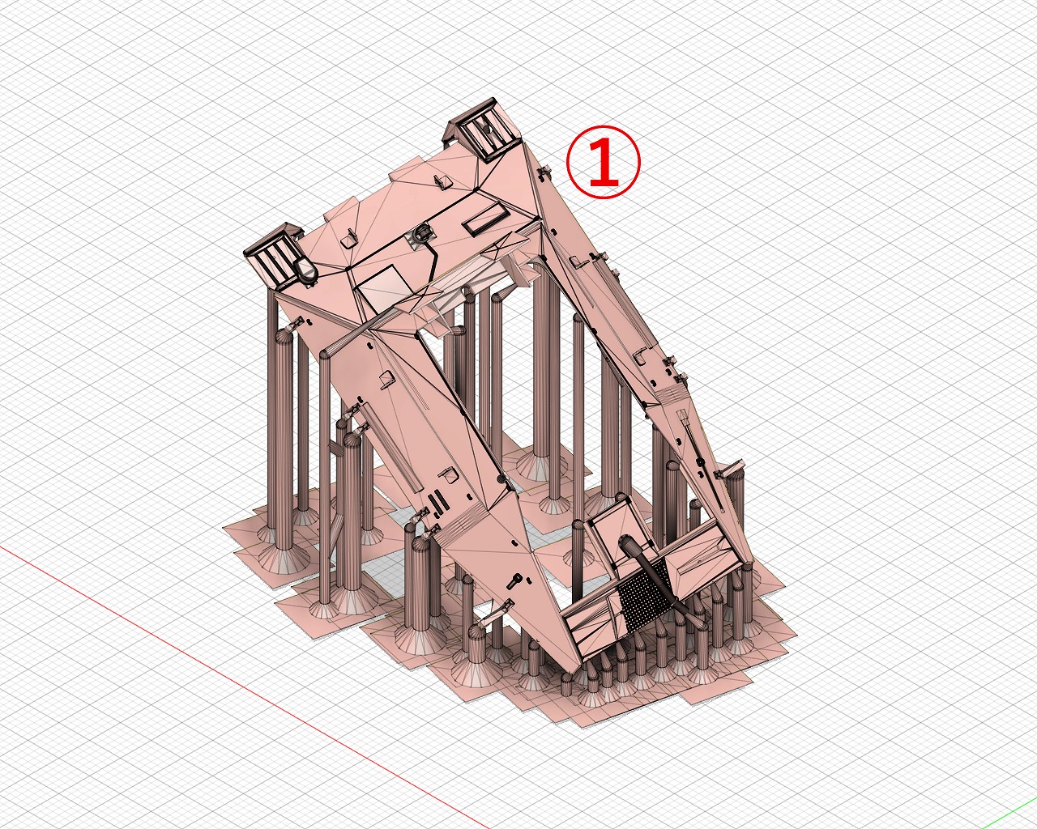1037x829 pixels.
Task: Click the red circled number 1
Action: (x=604, y=161)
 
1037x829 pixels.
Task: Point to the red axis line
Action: (x=238, y=687)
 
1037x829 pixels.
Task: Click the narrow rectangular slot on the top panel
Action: (x=486, y=221)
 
